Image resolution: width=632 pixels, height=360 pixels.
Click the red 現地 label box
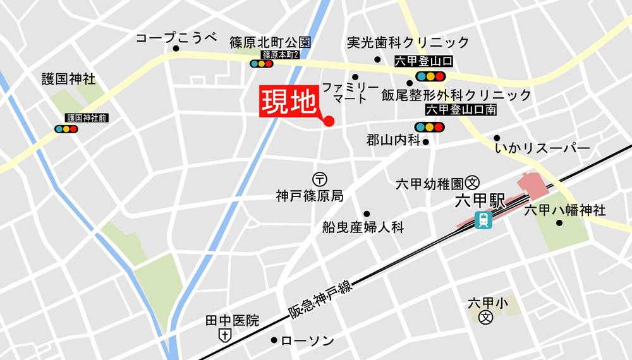tap(288, 103)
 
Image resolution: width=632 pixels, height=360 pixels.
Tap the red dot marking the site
tap(328, 121)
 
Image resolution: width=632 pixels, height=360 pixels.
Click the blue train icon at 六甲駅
tap(483, 220)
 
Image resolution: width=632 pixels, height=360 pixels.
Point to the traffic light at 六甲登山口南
tap(429, 127)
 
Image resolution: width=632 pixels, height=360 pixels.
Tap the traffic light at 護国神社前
tap(66, 129)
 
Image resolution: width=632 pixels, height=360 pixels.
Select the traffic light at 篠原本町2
tap(262, 64)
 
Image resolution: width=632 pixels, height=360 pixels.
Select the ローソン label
tap(307, 341)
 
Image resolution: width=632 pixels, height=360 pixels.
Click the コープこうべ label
tap(176, 39)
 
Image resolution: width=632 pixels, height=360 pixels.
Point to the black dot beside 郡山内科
tap(426, 142)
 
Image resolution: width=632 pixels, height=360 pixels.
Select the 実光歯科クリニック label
tap(408, 43)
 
